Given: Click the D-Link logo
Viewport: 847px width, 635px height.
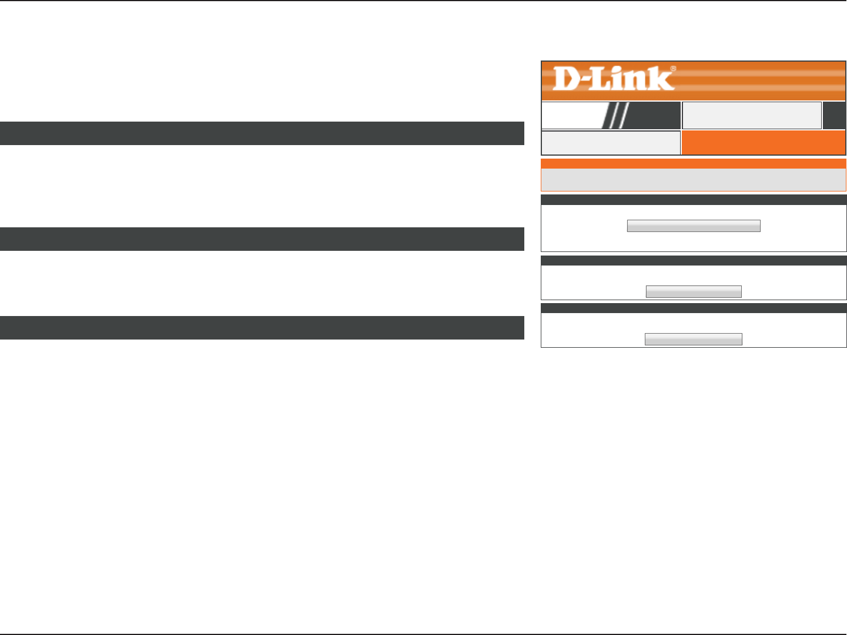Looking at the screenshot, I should pos(614,79).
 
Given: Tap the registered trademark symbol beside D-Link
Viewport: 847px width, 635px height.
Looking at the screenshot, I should pos(673,69).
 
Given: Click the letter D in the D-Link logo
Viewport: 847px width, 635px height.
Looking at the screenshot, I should pos(567,79).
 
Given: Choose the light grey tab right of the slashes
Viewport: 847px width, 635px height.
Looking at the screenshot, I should pos(752,115).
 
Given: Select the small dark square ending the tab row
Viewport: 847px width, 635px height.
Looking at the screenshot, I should pos(834,115).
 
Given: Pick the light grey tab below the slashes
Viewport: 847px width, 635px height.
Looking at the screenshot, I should pos(610,143).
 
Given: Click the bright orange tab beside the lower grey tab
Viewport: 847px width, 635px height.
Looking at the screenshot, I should pos(763,143).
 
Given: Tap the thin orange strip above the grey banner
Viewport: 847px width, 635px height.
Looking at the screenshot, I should pos(693,163).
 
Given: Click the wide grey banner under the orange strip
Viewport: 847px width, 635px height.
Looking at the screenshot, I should pos(693,180).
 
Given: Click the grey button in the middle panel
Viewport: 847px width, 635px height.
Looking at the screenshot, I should pos(694,291).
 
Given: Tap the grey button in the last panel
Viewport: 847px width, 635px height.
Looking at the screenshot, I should pos(694,339).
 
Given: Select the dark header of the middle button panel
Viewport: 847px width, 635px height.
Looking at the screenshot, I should pos(693,260).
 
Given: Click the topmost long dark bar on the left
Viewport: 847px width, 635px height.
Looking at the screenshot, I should pos(262,133).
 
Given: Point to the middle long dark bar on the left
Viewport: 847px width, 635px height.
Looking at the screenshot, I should pos(262,239).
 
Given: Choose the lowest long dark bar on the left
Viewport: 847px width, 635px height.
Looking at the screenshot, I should pos(262,328).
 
